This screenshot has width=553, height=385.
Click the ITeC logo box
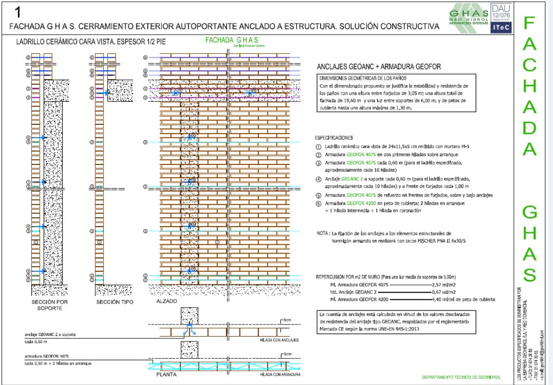[x=500, y=27]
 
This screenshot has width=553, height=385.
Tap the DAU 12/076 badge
[x=500, y=12]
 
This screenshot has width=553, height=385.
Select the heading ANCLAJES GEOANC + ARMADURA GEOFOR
[x=375, y=68]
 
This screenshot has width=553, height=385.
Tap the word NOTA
[x=323, y=234]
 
